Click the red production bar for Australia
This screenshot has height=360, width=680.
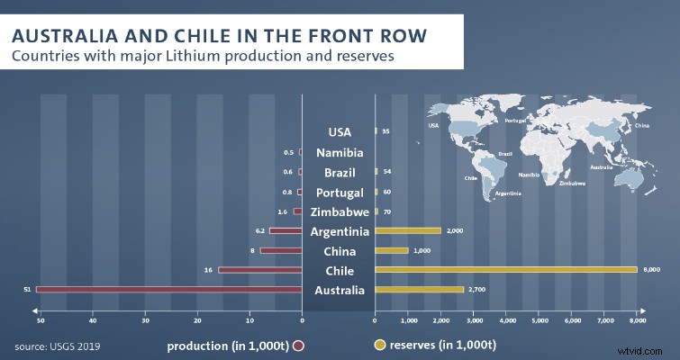[168, 290]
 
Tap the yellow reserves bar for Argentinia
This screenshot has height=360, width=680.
[407, 230]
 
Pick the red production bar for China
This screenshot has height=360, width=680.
[281, 250]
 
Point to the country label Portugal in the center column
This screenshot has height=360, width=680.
[339, 193]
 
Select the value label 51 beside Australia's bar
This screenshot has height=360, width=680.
[28, 290]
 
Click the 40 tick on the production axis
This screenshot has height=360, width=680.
[92, 320]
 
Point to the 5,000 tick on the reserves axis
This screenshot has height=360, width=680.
[539, 320]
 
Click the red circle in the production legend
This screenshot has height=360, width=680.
[297, 345]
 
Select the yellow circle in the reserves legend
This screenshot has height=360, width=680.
[380, 345]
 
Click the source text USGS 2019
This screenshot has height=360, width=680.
[57, 346]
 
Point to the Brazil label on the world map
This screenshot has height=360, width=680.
[505, 154]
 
